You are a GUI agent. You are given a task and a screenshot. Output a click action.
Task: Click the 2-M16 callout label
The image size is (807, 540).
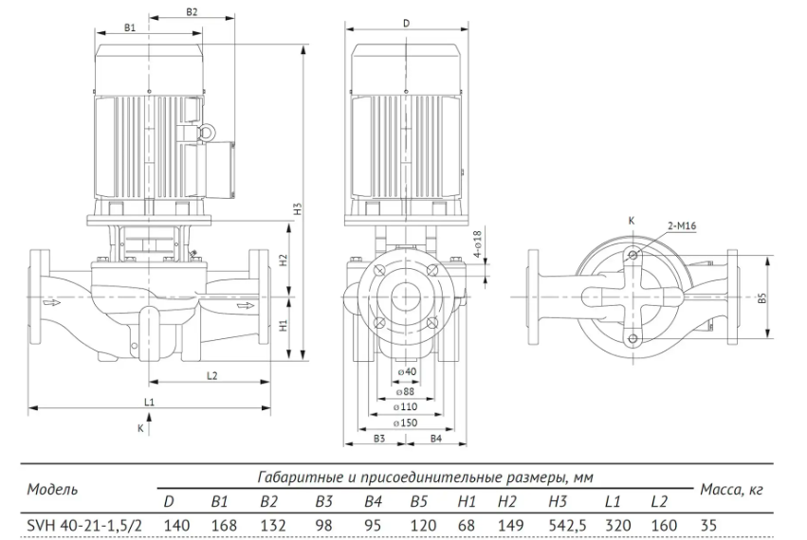point(682,225)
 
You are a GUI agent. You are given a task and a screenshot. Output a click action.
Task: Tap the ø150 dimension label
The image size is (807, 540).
point(405,423)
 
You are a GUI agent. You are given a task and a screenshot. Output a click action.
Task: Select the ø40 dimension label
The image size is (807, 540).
point(407,371)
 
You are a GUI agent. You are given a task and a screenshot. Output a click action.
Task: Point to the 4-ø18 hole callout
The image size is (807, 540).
point(477,244)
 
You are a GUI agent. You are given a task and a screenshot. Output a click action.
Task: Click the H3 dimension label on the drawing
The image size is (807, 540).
point(297,208)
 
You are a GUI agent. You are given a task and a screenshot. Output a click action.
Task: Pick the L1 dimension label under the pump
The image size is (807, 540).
point(149,402)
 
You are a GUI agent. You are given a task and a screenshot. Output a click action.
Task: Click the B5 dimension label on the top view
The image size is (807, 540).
point(762,297)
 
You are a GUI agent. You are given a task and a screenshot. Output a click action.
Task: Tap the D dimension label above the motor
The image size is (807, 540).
point(406,23)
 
